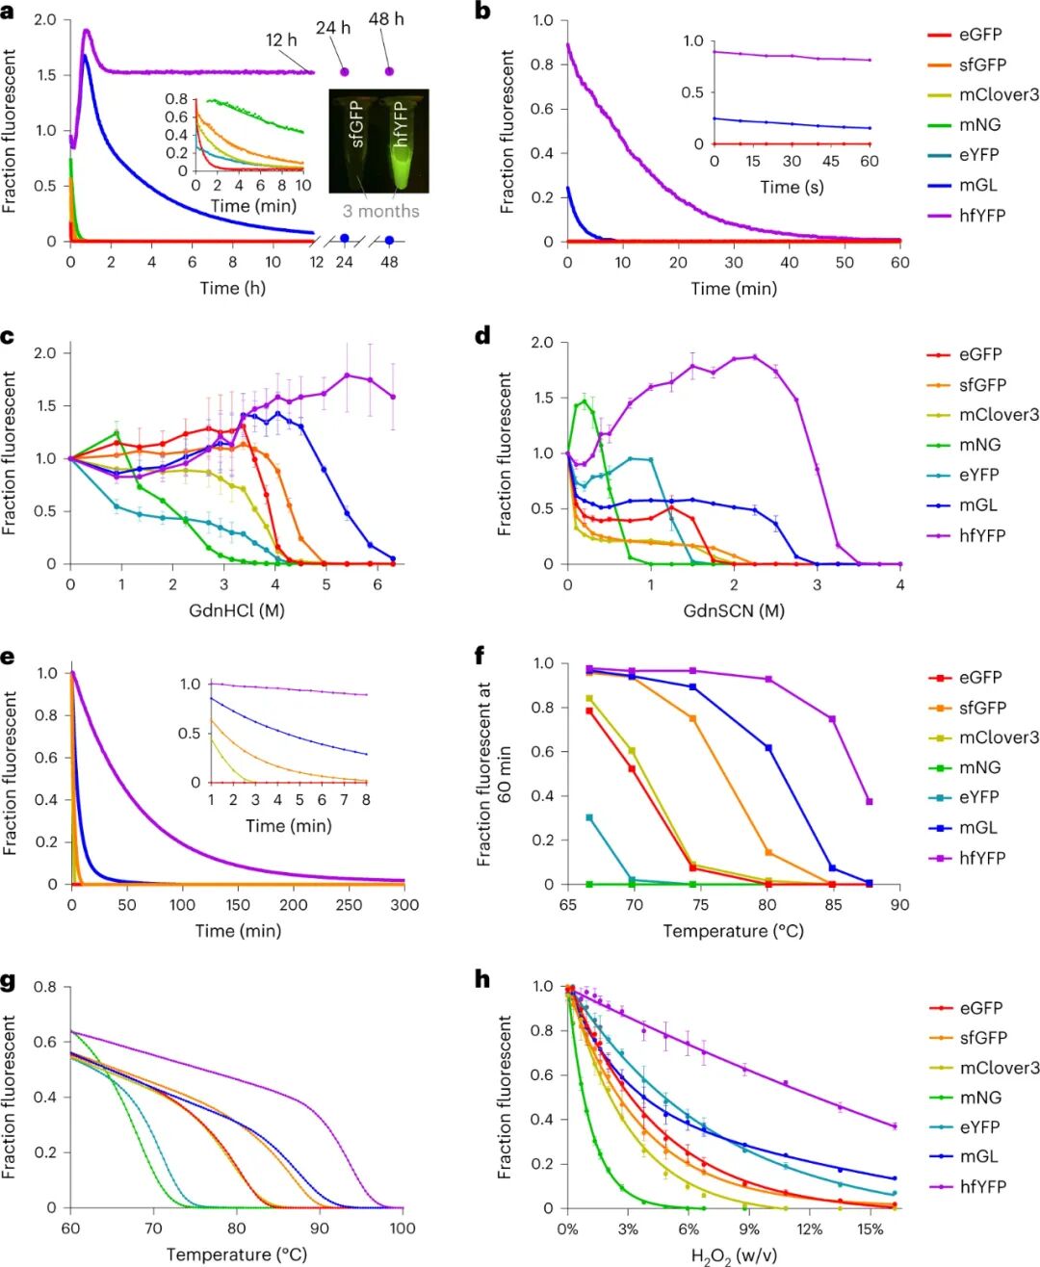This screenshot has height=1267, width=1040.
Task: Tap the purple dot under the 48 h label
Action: point(389,71)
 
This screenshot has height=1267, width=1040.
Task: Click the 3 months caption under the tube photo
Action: point(380,211)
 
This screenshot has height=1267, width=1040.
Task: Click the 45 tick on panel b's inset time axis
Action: point(831,162)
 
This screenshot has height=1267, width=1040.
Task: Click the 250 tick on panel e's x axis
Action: point(349,905)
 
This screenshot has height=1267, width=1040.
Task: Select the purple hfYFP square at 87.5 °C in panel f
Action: point(870,802)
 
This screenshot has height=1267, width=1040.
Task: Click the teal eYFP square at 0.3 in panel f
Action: point(589,817)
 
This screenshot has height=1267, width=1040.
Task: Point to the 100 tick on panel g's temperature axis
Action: point(403,1228)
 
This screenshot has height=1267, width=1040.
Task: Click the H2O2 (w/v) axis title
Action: point(734,1255)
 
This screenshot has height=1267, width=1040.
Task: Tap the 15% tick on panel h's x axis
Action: point(870,1228)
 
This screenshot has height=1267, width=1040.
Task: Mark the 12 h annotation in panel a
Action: point(281,39)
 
